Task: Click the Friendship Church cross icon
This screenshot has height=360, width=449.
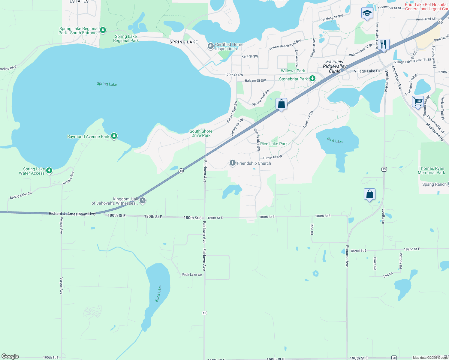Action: click(232, 163)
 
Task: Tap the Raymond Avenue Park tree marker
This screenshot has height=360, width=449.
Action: click(114, 136)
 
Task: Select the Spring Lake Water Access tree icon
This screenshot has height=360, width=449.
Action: click(49, 171)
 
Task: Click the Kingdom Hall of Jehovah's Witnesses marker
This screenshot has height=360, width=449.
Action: click(143, 200)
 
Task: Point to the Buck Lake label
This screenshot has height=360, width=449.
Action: click(158, 293)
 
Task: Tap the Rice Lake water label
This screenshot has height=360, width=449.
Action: click(335, 140)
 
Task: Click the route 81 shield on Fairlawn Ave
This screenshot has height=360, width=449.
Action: click(204, 313)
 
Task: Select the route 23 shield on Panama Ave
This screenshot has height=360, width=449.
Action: click(384, 169)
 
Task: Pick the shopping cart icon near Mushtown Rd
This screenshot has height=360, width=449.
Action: click(418, 102)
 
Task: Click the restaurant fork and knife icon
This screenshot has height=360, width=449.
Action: click(384, 44)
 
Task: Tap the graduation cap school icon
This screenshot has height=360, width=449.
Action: click(367, 13)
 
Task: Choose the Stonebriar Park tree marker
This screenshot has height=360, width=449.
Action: click(312, 79)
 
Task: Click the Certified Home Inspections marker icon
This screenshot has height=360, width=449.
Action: click(210, 46)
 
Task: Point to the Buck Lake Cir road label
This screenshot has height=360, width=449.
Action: click(192, 274)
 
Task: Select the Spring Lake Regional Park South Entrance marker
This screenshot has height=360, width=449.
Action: click(103, 30)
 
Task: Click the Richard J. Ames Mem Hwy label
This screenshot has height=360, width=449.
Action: click(72, 214)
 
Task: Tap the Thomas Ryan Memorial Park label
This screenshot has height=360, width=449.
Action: click(431, 170)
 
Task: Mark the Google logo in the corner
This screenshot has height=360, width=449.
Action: click(10, 356)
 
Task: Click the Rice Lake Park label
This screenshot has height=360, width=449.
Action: click(274, 144)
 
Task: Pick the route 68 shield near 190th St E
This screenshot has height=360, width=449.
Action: click(394, 358)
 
